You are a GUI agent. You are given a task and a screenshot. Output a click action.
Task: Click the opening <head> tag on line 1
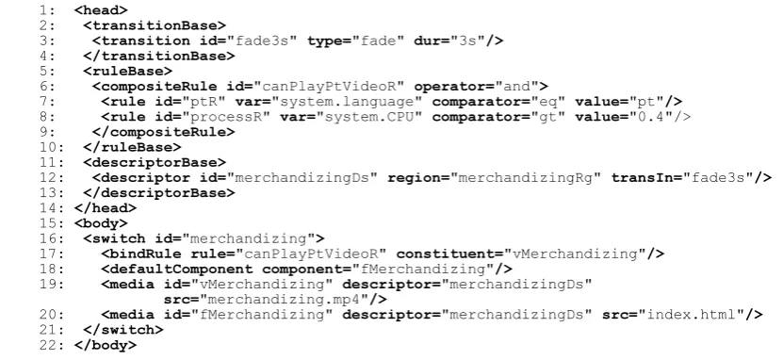click(x=101, y=10)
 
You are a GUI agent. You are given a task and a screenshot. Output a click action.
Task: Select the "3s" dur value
click(x=468, y=41)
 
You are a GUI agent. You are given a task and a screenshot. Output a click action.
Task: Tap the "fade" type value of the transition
click(x=379, y=41)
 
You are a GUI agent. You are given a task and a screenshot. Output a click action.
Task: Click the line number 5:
click(x=48, y=72)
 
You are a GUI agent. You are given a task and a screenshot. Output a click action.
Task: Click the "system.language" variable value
click(x=347, y=102)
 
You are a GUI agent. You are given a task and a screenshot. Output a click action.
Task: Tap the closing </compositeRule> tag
click(x=163, y=132)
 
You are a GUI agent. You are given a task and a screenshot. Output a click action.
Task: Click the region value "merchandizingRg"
click(x=530, y=178)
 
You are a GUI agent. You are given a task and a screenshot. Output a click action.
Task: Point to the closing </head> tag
click(x=106, y=208)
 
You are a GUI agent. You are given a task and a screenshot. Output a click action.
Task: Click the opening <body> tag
click(x=101, y=223)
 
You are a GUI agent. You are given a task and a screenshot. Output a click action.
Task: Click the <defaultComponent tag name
click(x=177, y=270)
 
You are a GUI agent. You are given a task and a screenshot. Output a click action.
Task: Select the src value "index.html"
click(x=691, y=315)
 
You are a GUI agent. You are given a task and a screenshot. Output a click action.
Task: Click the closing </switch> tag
click(x=123, y=330)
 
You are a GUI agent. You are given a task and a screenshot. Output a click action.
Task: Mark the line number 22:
click(x=52, y=345)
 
